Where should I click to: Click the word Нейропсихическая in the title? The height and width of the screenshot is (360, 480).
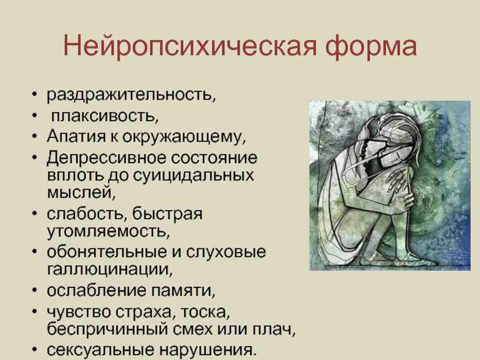point(190,46)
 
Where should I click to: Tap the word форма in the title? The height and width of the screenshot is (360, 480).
point(371,46)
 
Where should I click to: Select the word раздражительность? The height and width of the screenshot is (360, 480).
point(131,95)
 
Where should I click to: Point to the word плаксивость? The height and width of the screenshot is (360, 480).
point(104,116)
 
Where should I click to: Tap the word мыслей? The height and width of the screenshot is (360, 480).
point(81,193)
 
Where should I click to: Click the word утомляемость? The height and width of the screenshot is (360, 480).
point(108,232)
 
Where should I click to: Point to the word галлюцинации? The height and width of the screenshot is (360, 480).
point(110,269)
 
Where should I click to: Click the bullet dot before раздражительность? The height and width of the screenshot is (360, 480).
point(35,94)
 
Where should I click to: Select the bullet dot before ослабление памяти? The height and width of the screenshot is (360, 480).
point(35,290)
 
